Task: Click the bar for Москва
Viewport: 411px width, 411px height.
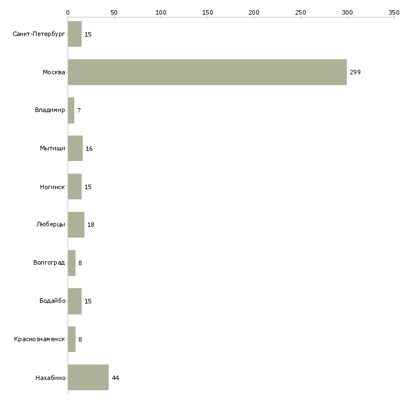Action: [x=207, y=72]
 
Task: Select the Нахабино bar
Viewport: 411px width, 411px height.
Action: [x=88, y=377]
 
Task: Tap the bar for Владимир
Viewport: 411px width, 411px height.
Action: [x=71, y=110]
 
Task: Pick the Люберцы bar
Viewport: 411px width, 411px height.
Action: [x=76, y=225]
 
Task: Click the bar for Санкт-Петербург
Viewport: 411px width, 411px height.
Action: [x=75, y=34]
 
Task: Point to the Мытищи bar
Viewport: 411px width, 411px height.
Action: [x=75, y=149]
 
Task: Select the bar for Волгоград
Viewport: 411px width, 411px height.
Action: [x=72, y=263]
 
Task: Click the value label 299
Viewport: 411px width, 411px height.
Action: [x=355, y=72]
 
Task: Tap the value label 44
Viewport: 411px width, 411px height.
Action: [x=115, y=378]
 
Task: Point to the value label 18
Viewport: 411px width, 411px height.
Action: [x=91, y=225]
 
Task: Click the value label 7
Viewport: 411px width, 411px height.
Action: [x=79, y=110]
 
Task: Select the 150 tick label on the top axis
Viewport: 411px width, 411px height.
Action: [x=208, y=12]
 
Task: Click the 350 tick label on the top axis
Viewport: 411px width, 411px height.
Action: [x=394, y=12]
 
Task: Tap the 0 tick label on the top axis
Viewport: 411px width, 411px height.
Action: [x=68, y=12]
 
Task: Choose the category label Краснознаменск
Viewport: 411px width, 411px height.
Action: [x=39, y=339]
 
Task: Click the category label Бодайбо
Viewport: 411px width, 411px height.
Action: [x=52, y=301]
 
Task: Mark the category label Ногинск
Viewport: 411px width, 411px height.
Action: [x=52, y=187]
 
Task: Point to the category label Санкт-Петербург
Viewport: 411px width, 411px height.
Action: [x=39, y=34]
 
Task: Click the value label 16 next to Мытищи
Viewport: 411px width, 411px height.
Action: [x=89, y=149]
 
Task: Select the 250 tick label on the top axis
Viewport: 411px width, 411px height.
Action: [x=301, y=12]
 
